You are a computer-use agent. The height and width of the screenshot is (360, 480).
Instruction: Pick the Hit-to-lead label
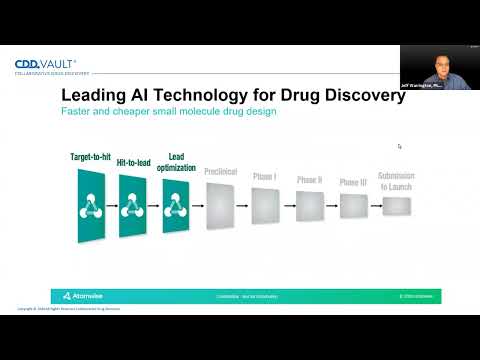point(133,163)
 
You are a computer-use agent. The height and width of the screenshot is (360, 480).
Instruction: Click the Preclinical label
point(220,171)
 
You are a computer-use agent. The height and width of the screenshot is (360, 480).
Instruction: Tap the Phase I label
point(265,176)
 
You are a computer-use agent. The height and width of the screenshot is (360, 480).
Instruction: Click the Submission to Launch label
point(396,181)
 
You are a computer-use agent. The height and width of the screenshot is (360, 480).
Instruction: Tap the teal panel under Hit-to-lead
point(134,209)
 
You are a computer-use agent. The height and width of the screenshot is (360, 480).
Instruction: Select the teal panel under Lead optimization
point(177,209)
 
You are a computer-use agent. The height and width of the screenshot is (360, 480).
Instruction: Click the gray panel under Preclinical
point(220,209)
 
